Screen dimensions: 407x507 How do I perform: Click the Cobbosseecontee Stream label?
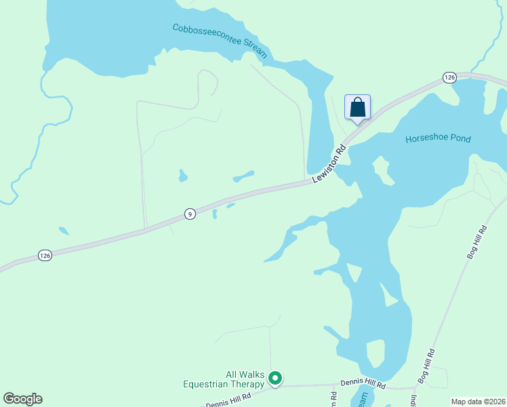(x=220, y=40)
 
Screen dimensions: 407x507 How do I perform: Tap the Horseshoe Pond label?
(x=438, y=139)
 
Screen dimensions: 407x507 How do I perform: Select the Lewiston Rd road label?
(x=329, y=163)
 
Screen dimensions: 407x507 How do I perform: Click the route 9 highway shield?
(x=190, y=214)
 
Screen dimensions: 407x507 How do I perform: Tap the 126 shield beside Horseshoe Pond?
(x=450, y=78)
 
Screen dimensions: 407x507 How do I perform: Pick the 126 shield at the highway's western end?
(x=45, y=255)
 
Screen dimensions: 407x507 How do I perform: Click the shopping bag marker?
(x=357, y=108)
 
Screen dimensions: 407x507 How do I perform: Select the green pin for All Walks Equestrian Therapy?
(x=275, y=378)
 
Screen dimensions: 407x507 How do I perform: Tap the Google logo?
(x=22, y=399)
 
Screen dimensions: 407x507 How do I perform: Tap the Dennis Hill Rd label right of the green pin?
(x=363, y=385)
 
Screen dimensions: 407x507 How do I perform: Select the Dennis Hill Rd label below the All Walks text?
(x=228, y=399)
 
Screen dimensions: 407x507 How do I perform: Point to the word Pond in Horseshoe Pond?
(x=460, y=139)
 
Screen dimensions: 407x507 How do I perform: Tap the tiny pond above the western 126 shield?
(x=63, y=231)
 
